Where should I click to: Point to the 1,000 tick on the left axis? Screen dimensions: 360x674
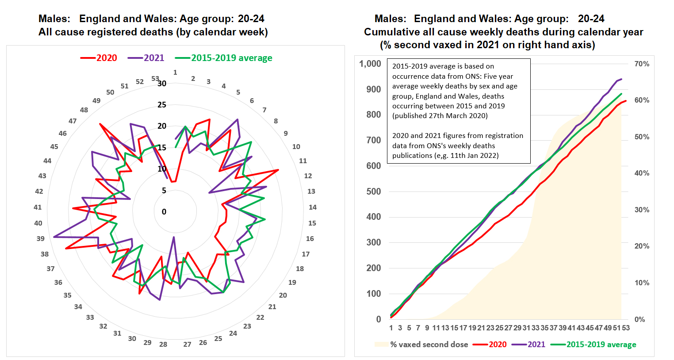click(x=370, y=64)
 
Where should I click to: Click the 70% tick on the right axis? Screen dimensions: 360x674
click(x=642, y=64)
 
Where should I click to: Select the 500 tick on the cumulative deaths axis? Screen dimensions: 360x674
click(x=373, y=191)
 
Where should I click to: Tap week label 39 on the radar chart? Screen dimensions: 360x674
click(x=41, y=238)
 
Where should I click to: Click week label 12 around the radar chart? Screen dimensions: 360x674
click(x=308, y=176)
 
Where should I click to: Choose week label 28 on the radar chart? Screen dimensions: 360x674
click(x=163, y=344)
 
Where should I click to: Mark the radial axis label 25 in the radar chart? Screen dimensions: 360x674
click(x=162, y=105)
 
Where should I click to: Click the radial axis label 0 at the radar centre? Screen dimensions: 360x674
click(x=164, y=212)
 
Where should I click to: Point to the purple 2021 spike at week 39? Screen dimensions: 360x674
click(x=54, y=237)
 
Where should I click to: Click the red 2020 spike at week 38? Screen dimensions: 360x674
click(x=66, y=249)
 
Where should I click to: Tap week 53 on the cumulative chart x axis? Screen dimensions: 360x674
click(x=626, y=328)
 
